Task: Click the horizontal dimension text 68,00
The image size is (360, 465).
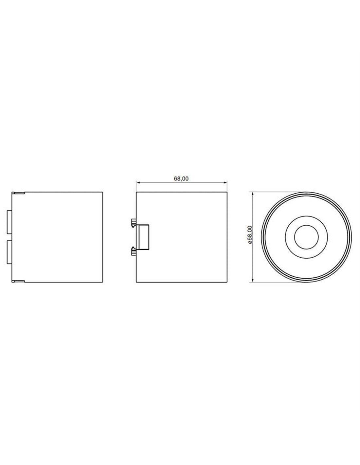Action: (x=181, y=179)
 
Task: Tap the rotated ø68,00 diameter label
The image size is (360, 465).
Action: (x=250, y=235)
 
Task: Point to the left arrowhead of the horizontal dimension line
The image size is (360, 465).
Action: (x=138, y=182)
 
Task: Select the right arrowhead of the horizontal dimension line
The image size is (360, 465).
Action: (x=225, y=182)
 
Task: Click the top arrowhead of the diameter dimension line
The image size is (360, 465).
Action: (x=253, y=194)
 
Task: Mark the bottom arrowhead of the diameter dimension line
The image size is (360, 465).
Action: (x=253, y=280)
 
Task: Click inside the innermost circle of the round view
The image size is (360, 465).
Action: (x=306, y=237)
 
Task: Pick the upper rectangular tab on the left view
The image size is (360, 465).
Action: (x=9, y=222)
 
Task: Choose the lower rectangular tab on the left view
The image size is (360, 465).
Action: (x=9, y=252)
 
